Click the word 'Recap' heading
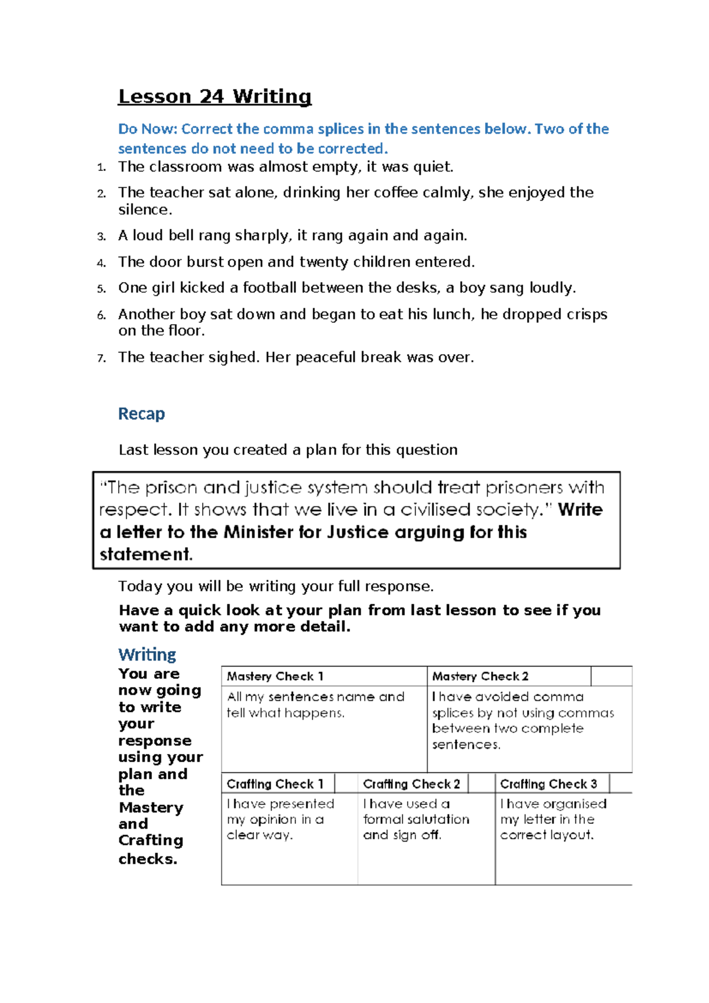coord(141,413)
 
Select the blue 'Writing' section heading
coord(147,655)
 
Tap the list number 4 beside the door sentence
coord(101,263)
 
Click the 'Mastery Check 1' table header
coord(275,676)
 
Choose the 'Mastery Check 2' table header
coord(480,676)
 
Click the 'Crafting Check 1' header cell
coord(275,784)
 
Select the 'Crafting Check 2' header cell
coord(411,784)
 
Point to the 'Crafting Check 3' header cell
coord(548,784)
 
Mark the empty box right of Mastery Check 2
coord(611,676)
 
